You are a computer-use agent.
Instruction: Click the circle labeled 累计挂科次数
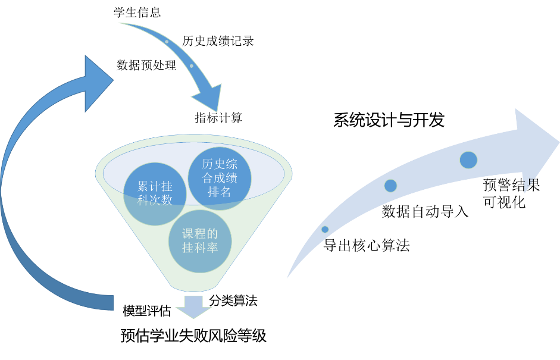pos(155,194)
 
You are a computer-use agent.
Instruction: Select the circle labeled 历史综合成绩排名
pos(220,178)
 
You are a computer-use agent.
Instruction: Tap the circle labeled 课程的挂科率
pos(200,241)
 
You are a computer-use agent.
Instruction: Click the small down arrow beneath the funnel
pos(193,306)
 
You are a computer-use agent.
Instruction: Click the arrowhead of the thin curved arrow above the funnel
pos(209,98)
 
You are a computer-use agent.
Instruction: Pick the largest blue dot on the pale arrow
pos(468,160)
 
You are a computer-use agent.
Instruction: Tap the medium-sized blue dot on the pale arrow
pos(390,186)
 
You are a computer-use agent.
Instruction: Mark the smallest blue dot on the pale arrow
pos(325,229)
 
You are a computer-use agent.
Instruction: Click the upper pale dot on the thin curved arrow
pos(167,42)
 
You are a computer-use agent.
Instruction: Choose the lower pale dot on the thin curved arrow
pos(191,65)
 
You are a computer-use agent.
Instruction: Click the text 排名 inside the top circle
pos(220,192)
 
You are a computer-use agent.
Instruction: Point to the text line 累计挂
pos(155,187)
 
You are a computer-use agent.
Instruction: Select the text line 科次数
pos(155,201)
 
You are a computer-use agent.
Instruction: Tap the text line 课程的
pos(200,234)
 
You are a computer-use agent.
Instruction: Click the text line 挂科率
pos(200,248)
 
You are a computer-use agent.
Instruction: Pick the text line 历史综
pos(220,165)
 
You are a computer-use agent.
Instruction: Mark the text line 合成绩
pos(220,178)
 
